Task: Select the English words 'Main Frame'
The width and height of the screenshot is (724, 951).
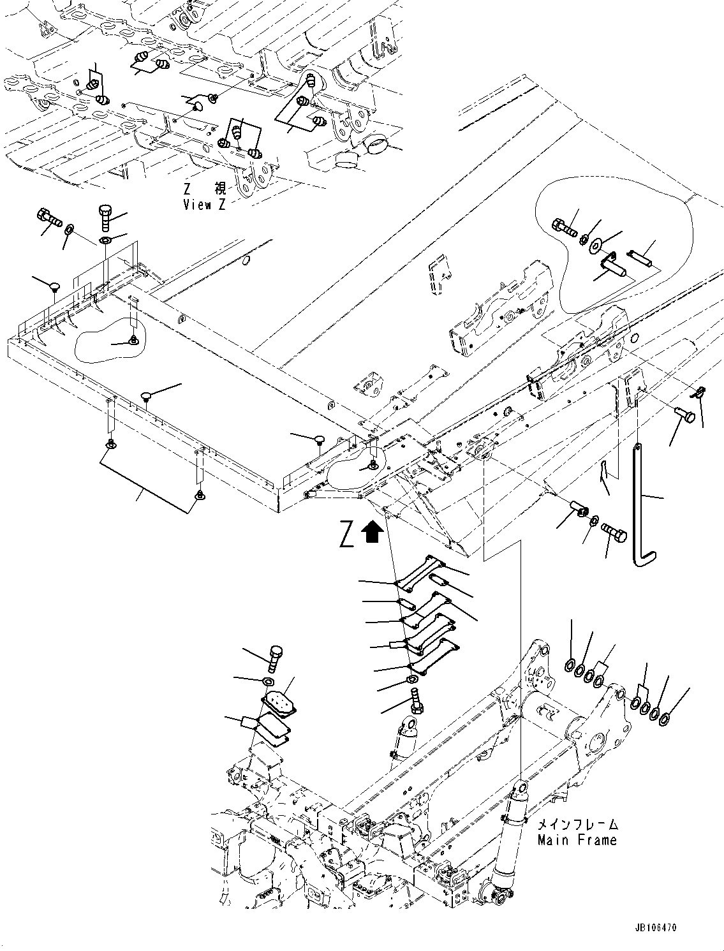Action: pyautogui.click(x=577, y=840)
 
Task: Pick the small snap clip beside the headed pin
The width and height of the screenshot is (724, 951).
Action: pyautogui.click(x=700, y=394)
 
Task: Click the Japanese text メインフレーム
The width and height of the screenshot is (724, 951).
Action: pyautogui.click(x=577, y=825)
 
